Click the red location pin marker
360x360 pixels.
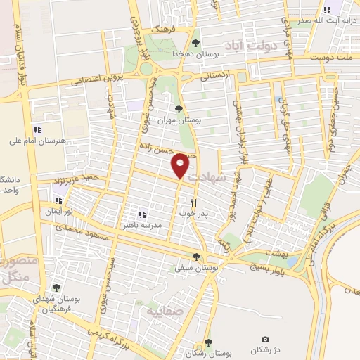click(x=181, y=166)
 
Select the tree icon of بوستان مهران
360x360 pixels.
click(x=179, y=109)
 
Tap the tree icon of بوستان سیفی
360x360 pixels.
click(x=196, y=257)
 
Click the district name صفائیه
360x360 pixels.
click(x=162, y=309)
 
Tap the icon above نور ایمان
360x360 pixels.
click(x=58, y=200)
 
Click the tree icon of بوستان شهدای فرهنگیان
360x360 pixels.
click(x=57, y=288)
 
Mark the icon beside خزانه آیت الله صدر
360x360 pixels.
click(x=327, y=10)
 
